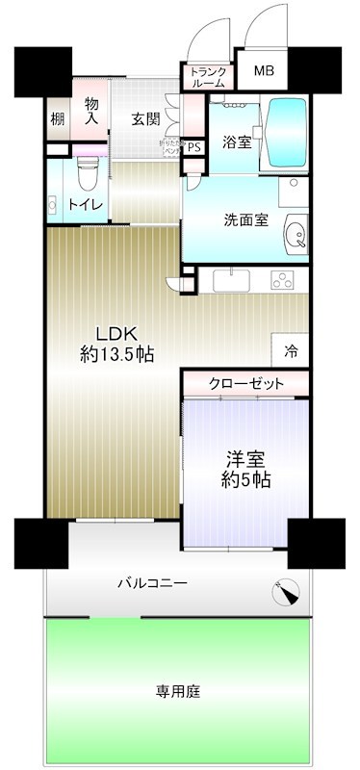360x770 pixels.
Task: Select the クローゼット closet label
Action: tap(247, 383)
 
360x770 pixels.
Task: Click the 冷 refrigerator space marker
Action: tap(291, 351)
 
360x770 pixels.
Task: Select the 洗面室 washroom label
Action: tap(242, 218)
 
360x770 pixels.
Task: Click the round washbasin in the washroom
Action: tap(294, 234)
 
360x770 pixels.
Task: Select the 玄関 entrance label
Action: tap(145, 119)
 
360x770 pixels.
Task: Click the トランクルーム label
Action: tap(207, 77)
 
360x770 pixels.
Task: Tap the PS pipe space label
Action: tap(193, 147)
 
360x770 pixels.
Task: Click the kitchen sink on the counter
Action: tap(231, 280)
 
